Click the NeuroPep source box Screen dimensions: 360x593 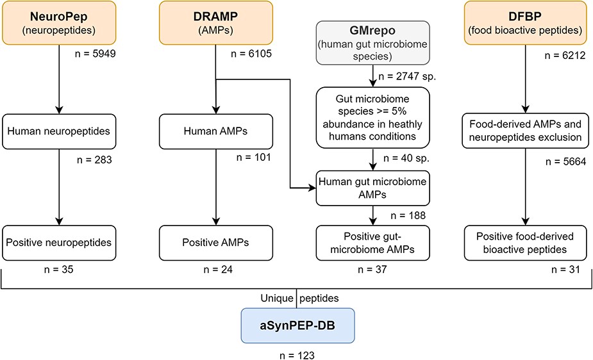pyautogui.click(x=59, y=22)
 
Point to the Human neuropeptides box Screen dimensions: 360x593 pyautogui.click(x=59, y=131)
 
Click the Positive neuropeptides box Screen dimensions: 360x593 pyautogui.click(x=59, y=243)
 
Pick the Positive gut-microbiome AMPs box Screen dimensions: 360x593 pyautogui.click(x=372, y=243)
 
